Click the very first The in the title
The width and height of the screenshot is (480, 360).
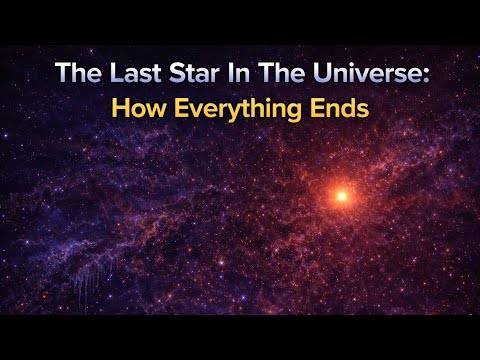coord(75,74)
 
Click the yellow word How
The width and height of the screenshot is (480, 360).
coord(137,107)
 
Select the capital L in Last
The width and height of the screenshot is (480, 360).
coord(106,74)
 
